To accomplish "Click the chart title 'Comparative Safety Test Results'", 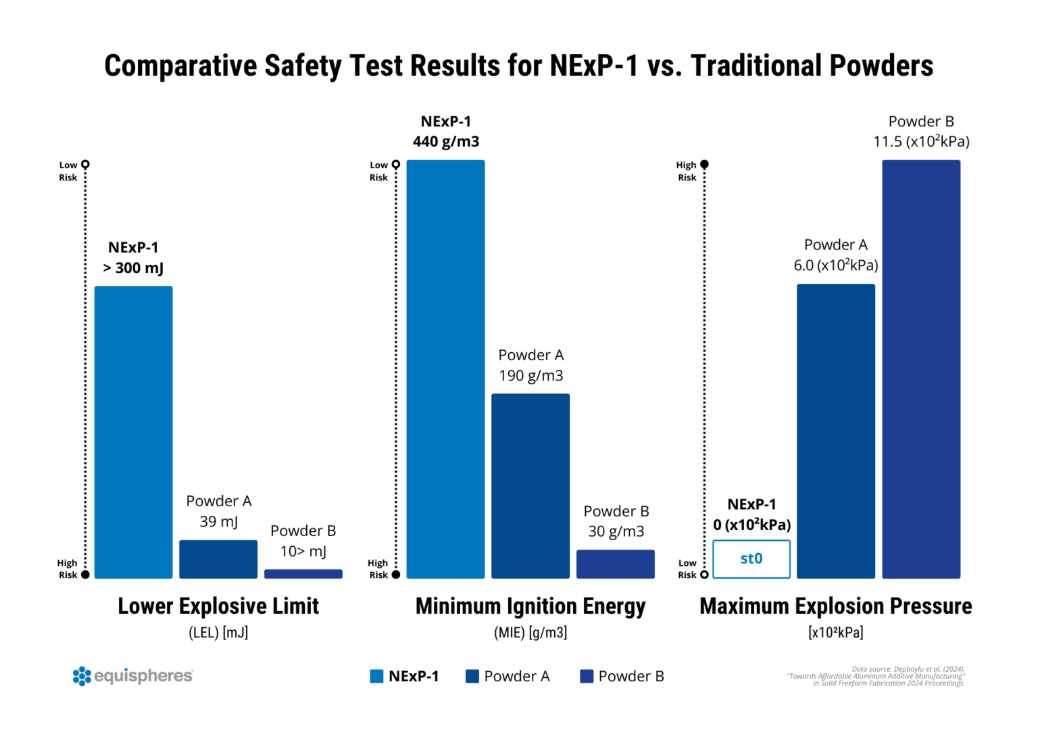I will pyautogui.click(x=518, y=66).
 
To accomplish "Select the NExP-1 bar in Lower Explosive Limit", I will pyautogui.click(x=133, y=432).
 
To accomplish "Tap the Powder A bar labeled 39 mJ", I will pyautogui.click(x=218, y=559).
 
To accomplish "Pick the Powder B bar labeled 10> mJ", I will pyautogui.click(x=303, y=574).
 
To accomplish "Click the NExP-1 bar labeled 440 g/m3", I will pyautogui.click(x=445, y=369).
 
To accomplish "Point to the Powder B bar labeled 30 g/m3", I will pyautogui.click(x=615, y=564).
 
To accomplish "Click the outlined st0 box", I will pyautogui.click(x=751, y=559).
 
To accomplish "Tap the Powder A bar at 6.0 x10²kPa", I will pyautogui.click(x=835, y=431).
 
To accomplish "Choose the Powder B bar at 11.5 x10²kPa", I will pyautogui.click(x=920, y=369).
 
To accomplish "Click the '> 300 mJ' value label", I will pyautogui.click(x=133, y=268).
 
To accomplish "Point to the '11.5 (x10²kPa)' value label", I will pyautogui.click(x=920, y=142).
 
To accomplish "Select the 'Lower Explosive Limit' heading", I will pyautogui.click(x=218, y=606).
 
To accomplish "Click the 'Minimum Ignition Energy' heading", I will pyautogui.click(x=530, y=606).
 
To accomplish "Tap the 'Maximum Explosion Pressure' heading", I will pyautogui.click(x=835, y=606).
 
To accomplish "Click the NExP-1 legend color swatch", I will pyautogui.click(x=376, y=676).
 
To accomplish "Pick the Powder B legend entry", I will pyautogui.click(x=622, y=676).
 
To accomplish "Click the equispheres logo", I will pyautogui.click(x=133, y=676).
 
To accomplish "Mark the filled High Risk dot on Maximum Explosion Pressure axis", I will pyautogui.click(x=704, y=164).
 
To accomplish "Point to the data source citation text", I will pyautogui.click(x=876, y=676).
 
